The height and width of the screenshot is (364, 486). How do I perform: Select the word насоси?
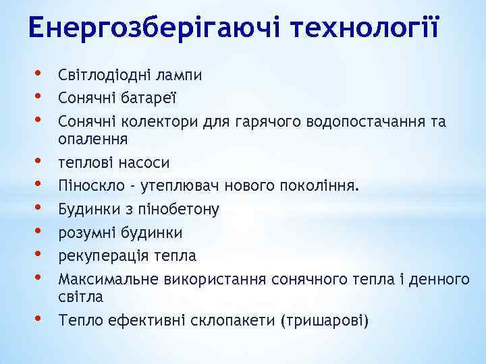[x=144, y=162]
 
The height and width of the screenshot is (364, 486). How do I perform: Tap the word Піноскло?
[x=86, y=185]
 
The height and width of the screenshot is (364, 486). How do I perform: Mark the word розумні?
[x=86, y=232]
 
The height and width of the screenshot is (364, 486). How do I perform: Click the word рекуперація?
[x=100, y=255]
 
